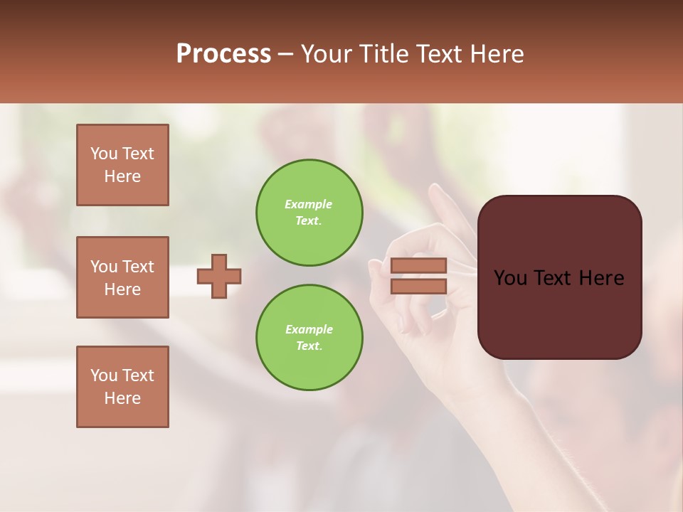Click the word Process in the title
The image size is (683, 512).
tap(223, 53)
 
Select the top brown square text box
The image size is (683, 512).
tap(122, 165)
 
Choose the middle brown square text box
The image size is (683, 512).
tap(122, 277)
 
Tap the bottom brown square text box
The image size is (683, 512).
tap(122, 387)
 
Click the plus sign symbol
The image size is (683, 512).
tap(219, 276)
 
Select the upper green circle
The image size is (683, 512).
tap(309, 213)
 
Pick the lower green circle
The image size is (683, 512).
tap(309, 338)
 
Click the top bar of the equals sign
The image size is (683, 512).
tap(418, 265)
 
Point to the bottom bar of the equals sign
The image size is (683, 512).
tap(418, 286)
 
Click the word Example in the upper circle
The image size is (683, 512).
tap(309, 204)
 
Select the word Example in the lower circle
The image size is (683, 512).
tap(309, 329)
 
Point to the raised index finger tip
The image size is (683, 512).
tap(434, 189)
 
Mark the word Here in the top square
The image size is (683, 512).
tap(122, 176)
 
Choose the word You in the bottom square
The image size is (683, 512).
tap(104, 375)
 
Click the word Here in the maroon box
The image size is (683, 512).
tap(602, 278)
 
